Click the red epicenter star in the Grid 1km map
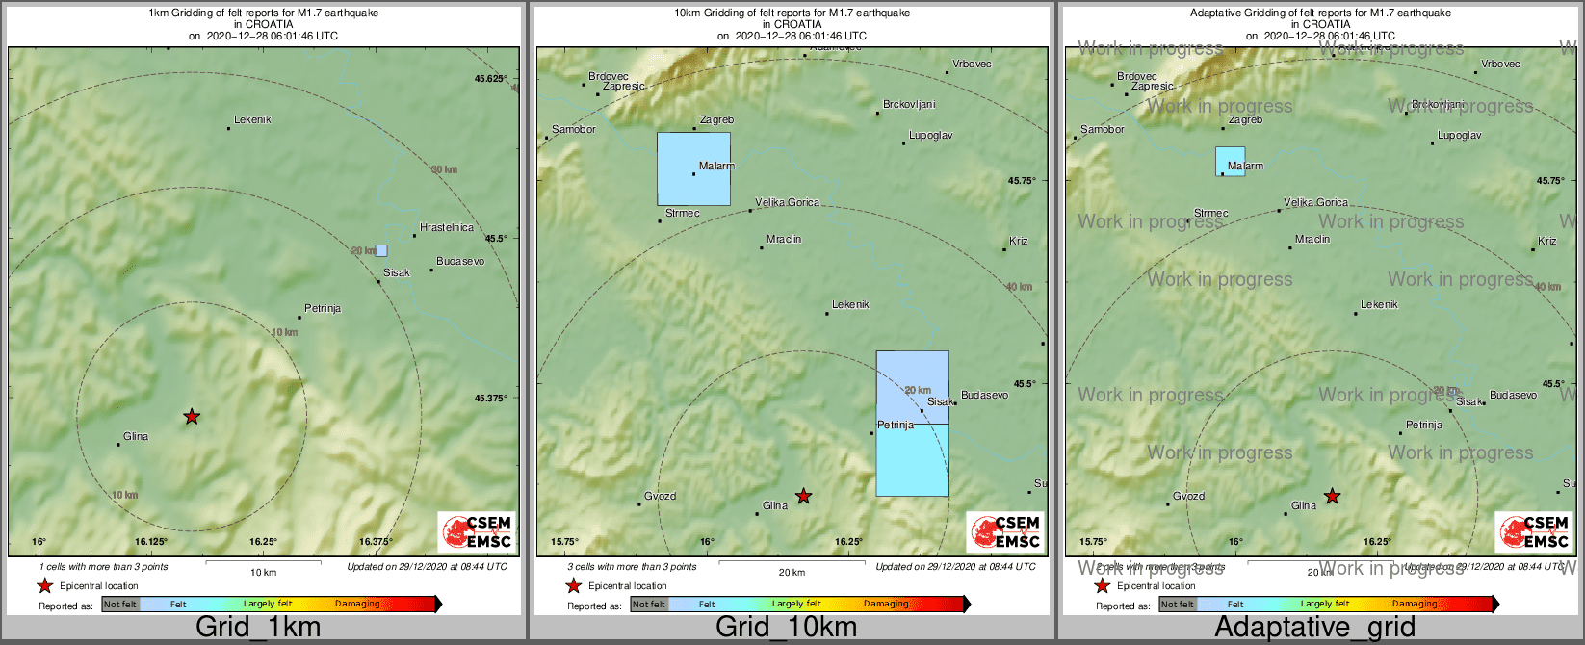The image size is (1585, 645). (x=192, y=417)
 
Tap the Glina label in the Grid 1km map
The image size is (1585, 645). (x=136, y=437)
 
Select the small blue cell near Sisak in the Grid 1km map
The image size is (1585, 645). (x=381, y=250)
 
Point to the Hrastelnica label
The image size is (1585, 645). (x=447, y=228)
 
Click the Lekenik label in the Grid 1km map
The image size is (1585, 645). (x=252, y=120)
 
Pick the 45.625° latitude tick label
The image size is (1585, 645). (x=491, y=79)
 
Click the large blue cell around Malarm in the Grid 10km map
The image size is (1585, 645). (x=693, y=168)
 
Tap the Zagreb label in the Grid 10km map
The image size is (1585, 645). (x=716, y=120)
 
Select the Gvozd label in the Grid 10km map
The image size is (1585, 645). (x=660, y=497)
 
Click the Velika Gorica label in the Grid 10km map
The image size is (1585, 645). (x=787, y=203)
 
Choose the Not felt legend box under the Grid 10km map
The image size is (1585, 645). (x=648, y=605)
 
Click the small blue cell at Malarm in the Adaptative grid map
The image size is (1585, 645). (x=1230, y=161)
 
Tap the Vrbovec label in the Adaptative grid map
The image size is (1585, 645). (x=1500, y=64)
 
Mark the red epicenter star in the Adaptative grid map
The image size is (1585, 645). (x=1332, y=497)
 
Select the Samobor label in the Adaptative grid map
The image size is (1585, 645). (x=1102, y=130)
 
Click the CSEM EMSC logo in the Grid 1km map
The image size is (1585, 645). (x=476, y=531)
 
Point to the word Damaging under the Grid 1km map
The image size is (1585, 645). (x=357, y=605)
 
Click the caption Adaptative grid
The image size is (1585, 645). (x=1314, y=628)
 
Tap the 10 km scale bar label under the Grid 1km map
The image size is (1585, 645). (x=263, y=573)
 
